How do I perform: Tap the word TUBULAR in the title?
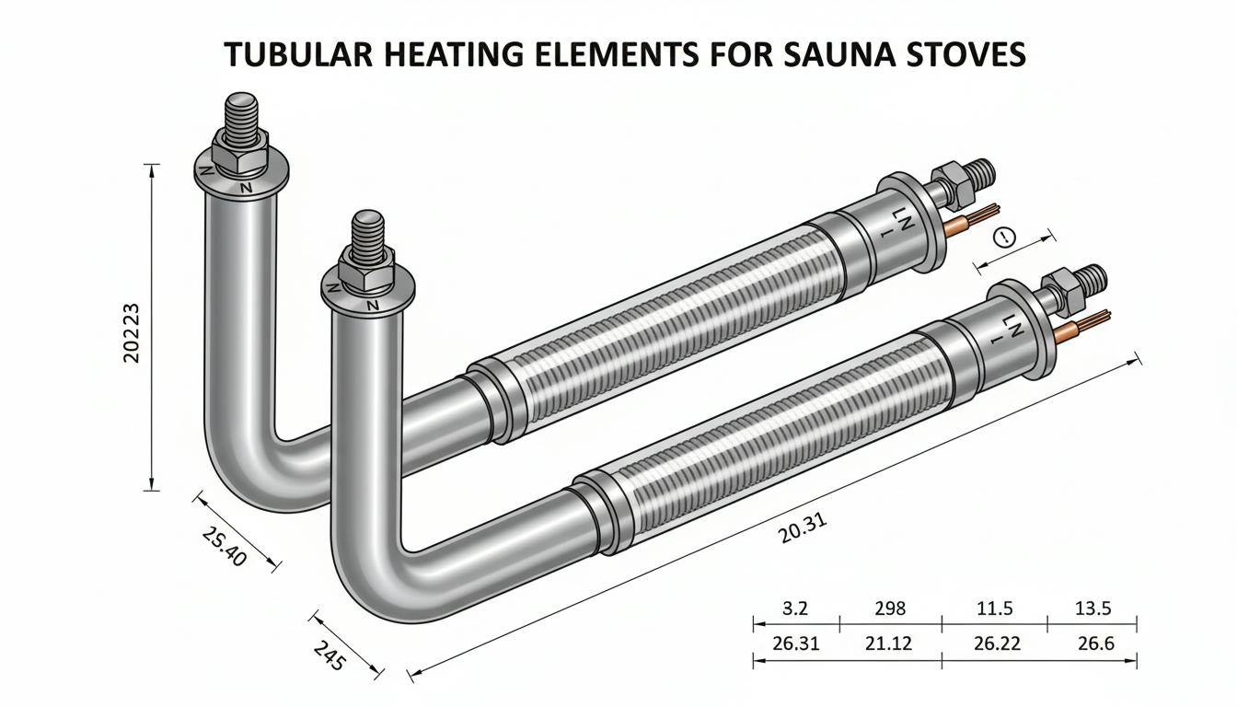[x=299, y=54]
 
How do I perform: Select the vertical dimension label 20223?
[x=132, y=332]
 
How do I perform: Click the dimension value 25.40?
[x=224, y=546]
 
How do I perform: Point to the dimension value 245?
[x=329, y=655]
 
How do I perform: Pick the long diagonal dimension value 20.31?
[x=803, y=528]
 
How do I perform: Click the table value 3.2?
[x=795, y=608]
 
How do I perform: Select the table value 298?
[x=890, y=608]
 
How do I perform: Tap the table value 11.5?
[x=995, y=608]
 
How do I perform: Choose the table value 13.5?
[x=1093, y=608]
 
